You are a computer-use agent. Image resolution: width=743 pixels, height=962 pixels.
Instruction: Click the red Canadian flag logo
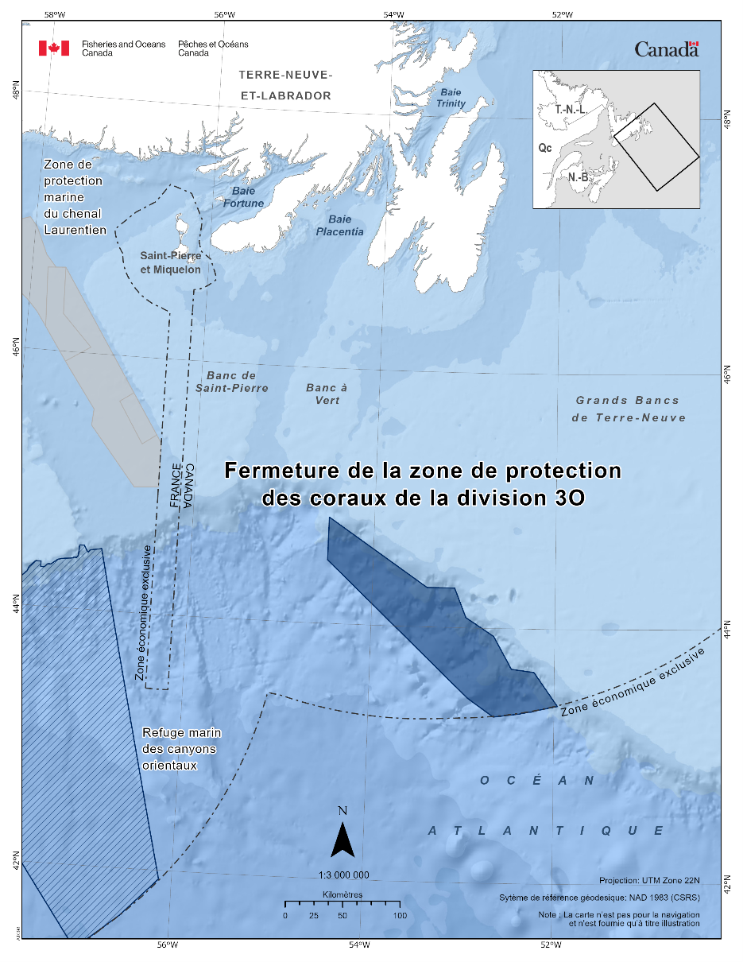[54, 48]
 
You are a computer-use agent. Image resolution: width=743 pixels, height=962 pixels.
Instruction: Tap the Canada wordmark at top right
[666, 49]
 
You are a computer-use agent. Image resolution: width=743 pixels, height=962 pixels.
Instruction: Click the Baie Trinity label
[451, 98]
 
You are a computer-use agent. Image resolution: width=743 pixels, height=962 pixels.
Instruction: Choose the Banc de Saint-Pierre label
[232, 382]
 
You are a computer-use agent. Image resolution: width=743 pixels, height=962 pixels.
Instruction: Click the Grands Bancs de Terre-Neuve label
[628, 409]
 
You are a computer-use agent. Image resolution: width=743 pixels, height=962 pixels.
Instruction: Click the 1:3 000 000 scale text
[343, 875]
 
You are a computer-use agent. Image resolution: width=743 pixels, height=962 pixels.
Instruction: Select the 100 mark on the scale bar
[400, 916]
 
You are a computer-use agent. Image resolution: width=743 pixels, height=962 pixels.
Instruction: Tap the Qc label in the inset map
[545, 148]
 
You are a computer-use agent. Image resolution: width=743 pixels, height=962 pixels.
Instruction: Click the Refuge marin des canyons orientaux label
[181, 749]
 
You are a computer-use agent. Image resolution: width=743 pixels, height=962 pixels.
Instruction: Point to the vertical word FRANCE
[176, 485]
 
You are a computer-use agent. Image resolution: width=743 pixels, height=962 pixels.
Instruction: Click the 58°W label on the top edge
[55, 14]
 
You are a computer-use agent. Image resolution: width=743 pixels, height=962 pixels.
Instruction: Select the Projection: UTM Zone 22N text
[649, 881]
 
